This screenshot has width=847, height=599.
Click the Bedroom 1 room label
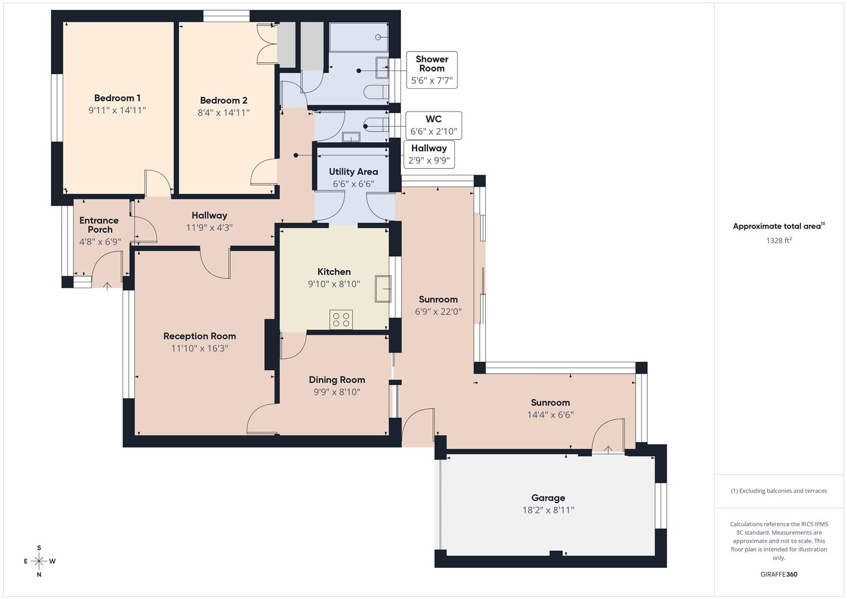[117, 98]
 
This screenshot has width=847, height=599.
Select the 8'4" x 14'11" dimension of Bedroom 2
[224, 113]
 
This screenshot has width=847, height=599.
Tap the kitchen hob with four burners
[341, 319]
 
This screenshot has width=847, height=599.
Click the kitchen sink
[383, 288]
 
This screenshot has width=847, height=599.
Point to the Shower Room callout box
[432, 70]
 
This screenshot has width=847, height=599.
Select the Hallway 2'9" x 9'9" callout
[429, 154]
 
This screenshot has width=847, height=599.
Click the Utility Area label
[353, 172]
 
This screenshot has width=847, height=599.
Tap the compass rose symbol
[39, 561]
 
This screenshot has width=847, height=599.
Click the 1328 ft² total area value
[779, 240]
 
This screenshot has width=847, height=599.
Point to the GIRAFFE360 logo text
[779, 575]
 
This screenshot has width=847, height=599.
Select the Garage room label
[548, 498]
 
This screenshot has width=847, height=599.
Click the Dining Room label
[337, 380]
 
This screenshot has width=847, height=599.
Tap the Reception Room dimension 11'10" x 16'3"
[200, 348]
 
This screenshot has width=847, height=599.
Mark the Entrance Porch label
[99, 225]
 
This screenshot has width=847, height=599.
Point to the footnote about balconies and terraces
[779, 491]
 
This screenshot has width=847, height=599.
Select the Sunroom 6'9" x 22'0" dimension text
[438, 312]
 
